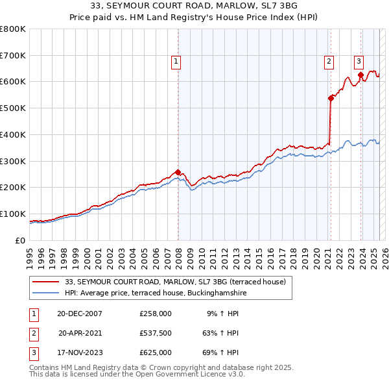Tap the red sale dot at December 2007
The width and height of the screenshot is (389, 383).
click(x=178, y=171)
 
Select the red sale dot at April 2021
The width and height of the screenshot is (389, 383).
click(x=331, y=97)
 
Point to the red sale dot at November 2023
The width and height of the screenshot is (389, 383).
click(x=360, y=75)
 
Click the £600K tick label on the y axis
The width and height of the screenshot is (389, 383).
click(x=12, y=82)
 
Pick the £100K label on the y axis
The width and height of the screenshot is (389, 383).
click(x=12, y=214)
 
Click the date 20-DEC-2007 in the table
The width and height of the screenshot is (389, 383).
click(x=80, y=313)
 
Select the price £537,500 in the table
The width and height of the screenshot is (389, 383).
click(x=156, y=333)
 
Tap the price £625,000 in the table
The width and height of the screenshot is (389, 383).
click(x=156, y=352)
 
